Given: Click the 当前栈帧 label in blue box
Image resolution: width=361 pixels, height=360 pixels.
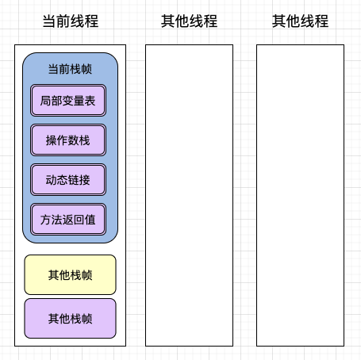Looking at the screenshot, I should tap(70, 69).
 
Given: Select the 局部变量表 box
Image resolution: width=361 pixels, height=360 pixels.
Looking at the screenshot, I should tap(68, 101).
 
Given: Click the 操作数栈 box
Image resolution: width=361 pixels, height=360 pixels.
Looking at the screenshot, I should tap(68, 140).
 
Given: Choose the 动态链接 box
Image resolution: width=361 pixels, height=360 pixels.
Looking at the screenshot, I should tap(68, 180).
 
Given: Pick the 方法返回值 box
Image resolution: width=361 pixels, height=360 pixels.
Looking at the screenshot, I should tap(68, 220).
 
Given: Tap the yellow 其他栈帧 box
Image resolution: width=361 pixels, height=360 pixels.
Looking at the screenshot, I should tap(70, 275).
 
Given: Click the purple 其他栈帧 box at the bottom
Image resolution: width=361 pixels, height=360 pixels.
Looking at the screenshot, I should tap(70, 319).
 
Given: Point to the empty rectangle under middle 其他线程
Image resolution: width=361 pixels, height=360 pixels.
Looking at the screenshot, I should tap(189, 195).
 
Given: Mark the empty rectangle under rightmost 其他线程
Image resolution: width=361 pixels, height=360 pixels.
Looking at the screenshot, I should tap(300, 195).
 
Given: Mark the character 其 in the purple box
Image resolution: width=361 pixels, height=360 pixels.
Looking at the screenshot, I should tap(53, 319).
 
